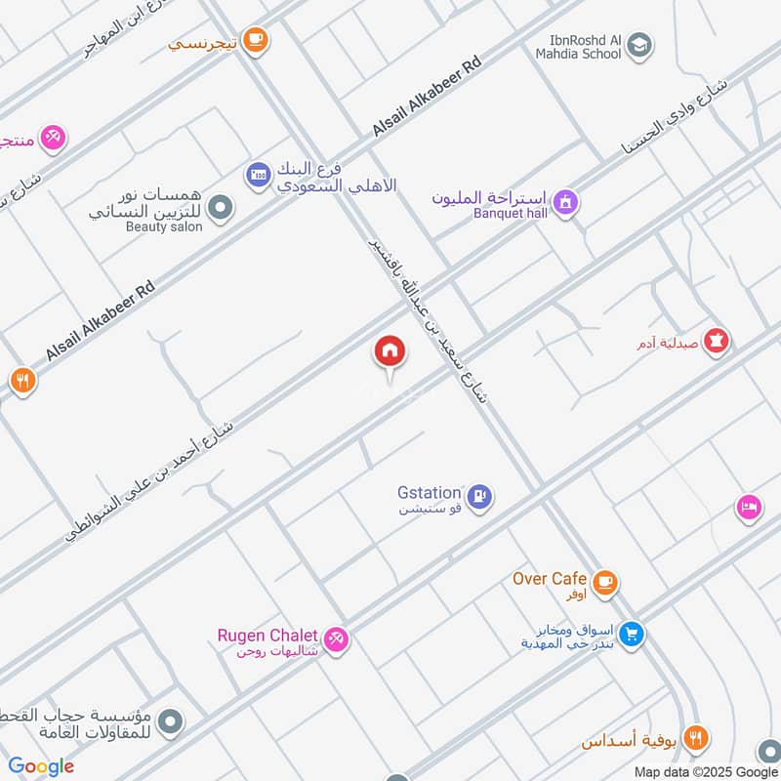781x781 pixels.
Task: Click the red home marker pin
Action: [x=389, y=352]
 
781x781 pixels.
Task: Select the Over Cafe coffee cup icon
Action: [x=605, y=583]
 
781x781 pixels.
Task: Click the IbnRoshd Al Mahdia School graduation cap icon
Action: [x=639, y=44]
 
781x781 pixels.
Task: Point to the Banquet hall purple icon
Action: [x=565, y=202]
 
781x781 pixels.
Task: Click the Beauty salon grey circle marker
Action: [x=222, y=207]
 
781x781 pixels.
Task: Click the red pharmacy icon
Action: [x=719, y=342]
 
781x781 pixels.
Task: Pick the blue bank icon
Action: [x=258, y=174]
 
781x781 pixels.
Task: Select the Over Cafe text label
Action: [x=550, y=579]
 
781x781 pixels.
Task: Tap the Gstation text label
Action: [x=428, y=494]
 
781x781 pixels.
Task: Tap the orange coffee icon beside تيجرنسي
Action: [x=256, y=40]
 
